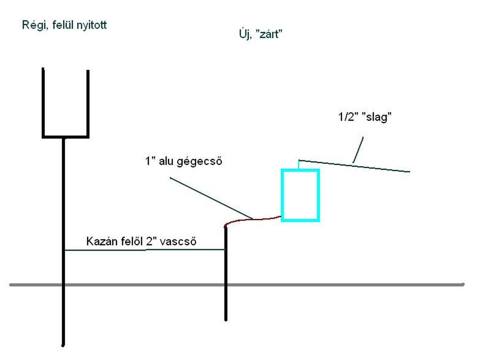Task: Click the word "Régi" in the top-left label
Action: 32,26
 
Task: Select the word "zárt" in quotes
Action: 269,35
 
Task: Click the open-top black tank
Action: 66,104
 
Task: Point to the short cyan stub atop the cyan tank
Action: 299,164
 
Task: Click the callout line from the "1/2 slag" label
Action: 358,150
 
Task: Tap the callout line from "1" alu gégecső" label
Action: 211,198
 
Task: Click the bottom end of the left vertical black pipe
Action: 63,345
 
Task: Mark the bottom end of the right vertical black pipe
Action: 226,319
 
